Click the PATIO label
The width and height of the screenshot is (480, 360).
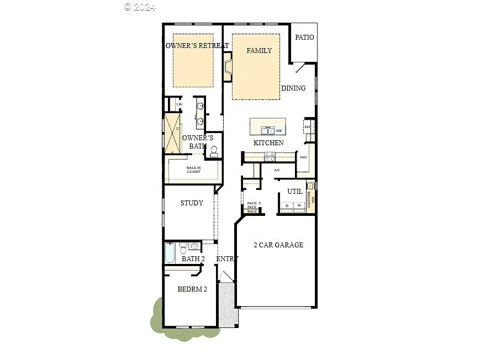coord(304,38)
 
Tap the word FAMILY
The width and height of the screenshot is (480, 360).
coord(259,51)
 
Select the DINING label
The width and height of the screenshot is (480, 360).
coord(293,88)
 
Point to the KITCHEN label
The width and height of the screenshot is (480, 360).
coord(268,143)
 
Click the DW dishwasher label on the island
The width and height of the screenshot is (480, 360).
coord(279,131)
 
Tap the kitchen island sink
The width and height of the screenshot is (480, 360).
coord(267,130)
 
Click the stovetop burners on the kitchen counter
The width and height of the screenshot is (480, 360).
coord(269,157)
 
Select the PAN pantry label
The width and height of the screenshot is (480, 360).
coord(303,157)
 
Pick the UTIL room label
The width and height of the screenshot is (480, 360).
coord(295,192)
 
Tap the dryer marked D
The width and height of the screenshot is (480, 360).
coord(287,206)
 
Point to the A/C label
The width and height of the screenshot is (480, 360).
coord(277,170)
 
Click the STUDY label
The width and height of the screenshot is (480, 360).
coord(192,203)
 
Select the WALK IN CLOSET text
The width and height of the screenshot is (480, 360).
coord(193,170)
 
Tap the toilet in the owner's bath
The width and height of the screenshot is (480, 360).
coord(214,151)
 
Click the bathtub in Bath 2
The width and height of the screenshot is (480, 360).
coord(170,254)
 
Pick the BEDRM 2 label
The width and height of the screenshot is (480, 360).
coord(192,289)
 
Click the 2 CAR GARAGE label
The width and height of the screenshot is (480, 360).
coord(278,245)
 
